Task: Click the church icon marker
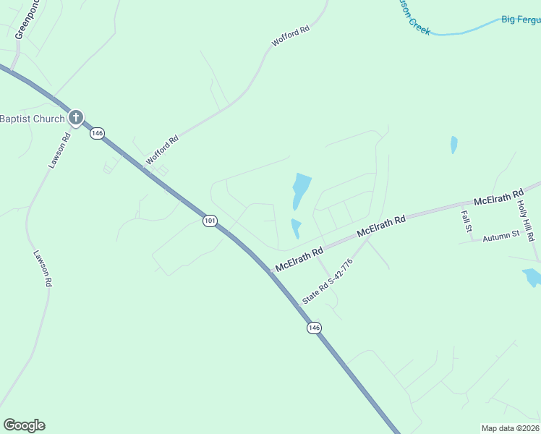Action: pyautogui.click(x=75, y=118)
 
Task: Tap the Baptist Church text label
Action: pyautogui.click(x=32, y=119)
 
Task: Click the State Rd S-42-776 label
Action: pyautogui.click(x=326, y=281)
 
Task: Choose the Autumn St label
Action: pyautogui.click(x=500, y=235)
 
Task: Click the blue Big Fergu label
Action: pyautogui.click(x=521, y=20)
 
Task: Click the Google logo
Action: pyautogui.click(x=24, y=425)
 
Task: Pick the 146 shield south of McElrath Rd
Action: pyautogui.click(x=313, y=328)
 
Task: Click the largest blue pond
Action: pyautogui.click(x=300, y=190)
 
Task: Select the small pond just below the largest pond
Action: pyautogui.click(x=295, y=228)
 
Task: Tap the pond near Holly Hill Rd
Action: pyautogui.click(x=532, y=277)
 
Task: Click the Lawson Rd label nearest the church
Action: pyautogui.click(x=58, y=151)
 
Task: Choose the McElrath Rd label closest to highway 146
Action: pyautogui.click(x=297, y=255)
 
